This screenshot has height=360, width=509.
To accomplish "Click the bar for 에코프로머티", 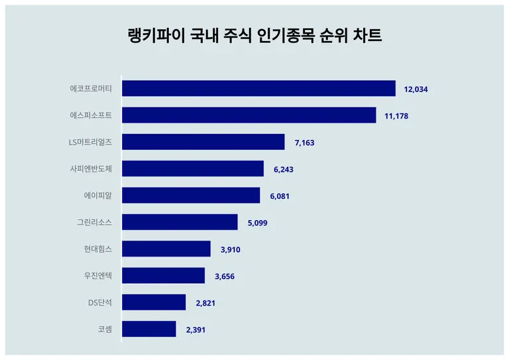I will coord(258,89).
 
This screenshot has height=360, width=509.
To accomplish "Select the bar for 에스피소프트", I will coord(249,115).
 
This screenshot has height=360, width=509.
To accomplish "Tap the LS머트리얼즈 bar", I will coord(203,142).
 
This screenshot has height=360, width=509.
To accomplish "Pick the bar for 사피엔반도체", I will coord(193,168).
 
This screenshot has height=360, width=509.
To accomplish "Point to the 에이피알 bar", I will coord(191,196).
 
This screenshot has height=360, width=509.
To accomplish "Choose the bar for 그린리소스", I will coord(180,222).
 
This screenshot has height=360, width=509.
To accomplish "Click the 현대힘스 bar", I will coord(166,249).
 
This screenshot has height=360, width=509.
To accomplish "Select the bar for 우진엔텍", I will coord(164,276).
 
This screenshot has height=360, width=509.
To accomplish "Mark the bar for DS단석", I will coord(154,302).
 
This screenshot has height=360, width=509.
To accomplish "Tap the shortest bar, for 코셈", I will coord(149,329).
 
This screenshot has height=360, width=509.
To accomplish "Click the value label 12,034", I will coord(416,90).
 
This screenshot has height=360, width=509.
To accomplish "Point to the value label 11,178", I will coord(396,116).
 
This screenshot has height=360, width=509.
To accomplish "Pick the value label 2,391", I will coord(195,330).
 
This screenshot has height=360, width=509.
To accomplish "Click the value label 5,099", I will coord(257,223).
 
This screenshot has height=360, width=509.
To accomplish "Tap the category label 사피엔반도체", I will coord(91,168).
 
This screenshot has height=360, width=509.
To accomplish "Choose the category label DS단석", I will coord(99,302).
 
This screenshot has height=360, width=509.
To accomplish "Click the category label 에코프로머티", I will coord(91,89).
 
